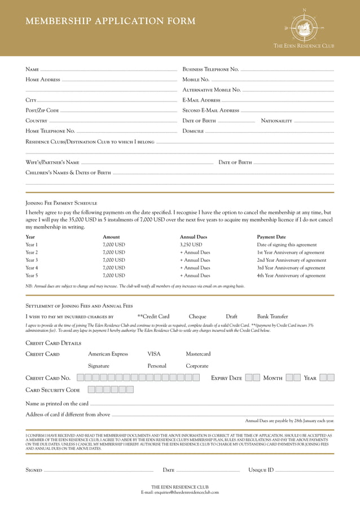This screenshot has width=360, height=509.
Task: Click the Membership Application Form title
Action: pos(111,21)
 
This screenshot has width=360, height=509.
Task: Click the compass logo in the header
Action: pos(304,27)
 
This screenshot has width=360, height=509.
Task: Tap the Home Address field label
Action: pos(43,80)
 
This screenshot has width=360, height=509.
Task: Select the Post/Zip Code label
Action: pos(42,110)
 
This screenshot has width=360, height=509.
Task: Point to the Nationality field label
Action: pos(276,121)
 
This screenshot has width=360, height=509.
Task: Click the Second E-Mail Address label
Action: pos(211,111)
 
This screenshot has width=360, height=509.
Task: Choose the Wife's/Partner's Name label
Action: pos(52,163)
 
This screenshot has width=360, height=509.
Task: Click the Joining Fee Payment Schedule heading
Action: pos(62,203)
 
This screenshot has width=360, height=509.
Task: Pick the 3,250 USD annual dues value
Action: pos(191,245)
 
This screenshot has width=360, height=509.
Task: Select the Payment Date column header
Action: pos(271,237)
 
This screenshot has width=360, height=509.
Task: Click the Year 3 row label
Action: pos(32,260)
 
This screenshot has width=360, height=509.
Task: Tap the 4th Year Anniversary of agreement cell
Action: pos(291,276)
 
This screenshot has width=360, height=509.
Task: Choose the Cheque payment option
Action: pos(197,317)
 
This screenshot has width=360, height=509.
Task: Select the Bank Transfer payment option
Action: pos(273,317)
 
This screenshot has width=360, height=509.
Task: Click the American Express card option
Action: pos(108,354)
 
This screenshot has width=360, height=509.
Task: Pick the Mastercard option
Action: pos(198,354)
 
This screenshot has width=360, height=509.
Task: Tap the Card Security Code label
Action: pos(53,390)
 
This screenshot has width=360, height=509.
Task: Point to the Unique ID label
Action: pos(261,470)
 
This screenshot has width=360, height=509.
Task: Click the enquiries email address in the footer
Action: pos(179,492)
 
